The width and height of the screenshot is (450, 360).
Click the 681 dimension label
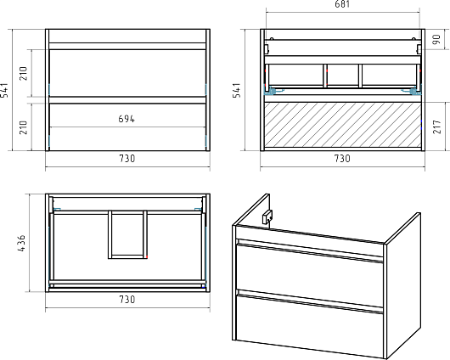pos(342,4)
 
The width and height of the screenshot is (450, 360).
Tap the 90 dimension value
pos(436,39)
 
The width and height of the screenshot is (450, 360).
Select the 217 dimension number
pos(436,127)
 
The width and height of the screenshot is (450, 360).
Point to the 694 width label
pos(127,119)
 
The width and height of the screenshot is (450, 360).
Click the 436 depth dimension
pos(21,244)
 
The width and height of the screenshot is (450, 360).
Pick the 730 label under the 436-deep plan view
pos(127,300)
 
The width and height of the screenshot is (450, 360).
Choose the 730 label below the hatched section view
pos(342,159)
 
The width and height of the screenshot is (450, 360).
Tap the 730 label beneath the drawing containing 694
pos(127,159)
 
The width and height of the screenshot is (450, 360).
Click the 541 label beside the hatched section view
pos(237,90)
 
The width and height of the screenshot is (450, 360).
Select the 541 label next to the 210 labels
pos(5,90)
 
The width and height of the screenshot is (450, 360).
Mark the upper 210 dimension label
pos(23,73)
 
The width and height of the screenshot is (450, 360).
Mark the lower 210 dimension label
pos(23,127)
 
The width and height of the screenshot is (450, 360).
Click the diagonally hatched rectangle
pos(342,125)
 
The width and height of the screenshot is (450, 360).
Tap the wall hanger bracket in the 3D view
pos(267,217)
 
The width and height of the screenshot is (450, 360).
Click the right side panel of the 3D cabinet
pos(402,285)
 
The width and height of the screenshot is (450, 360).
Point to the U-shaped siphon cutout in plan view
pos(127,234)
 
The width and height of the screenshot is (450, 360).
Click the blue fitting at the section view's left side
pos(273,92)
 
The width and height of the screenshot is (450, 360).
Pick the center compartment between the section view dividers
pos(343,75)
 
